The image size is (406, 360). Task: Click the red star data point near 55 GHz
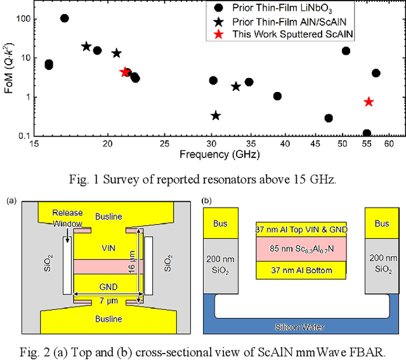(x=369, y=102)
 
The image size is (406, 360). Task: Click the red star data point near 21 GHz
(x=125, y=72)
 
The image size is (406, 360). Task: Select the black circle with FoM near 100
(x=64, y=18)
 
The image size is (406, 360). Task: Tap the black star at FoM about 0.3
(x=216, y=116)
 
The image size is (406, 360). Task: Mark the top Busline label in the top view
(x=108, y=217)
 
